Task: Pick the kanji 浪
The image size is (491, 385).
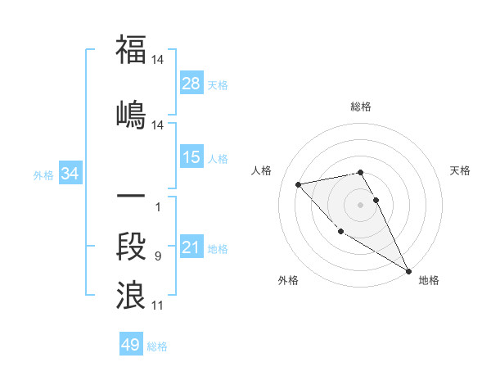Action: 131,294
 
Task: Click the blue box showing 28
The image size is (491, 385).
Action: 191,83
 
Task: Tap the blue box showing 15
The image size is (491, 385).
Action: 191,157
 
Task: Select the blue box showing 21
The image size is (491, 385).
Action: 191,247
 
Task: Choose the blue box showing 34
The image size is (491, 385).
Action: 70,174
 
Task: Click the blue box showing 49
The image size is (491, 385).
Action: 131,345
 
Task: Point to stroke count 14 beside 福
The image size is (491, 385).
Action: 159,59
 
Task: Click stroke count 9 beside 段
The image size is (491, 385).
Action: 158,257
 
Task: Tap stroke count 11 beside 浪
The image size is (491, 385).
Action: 159,306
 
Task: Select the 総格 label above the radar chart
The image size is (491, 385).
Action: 361,106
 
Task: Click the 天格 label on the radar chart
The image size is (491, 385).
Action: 461,170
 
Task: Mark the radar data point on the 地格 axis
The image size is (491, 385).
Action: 409,271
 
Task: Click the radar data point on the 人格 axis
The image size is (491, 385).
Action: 299,184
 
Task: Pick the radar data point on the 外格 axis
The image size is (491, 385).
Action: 340,232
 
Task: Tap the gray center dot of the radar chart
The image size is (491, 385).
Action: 361,204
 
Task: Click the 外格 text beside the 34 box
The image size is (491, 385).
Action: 43,174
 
